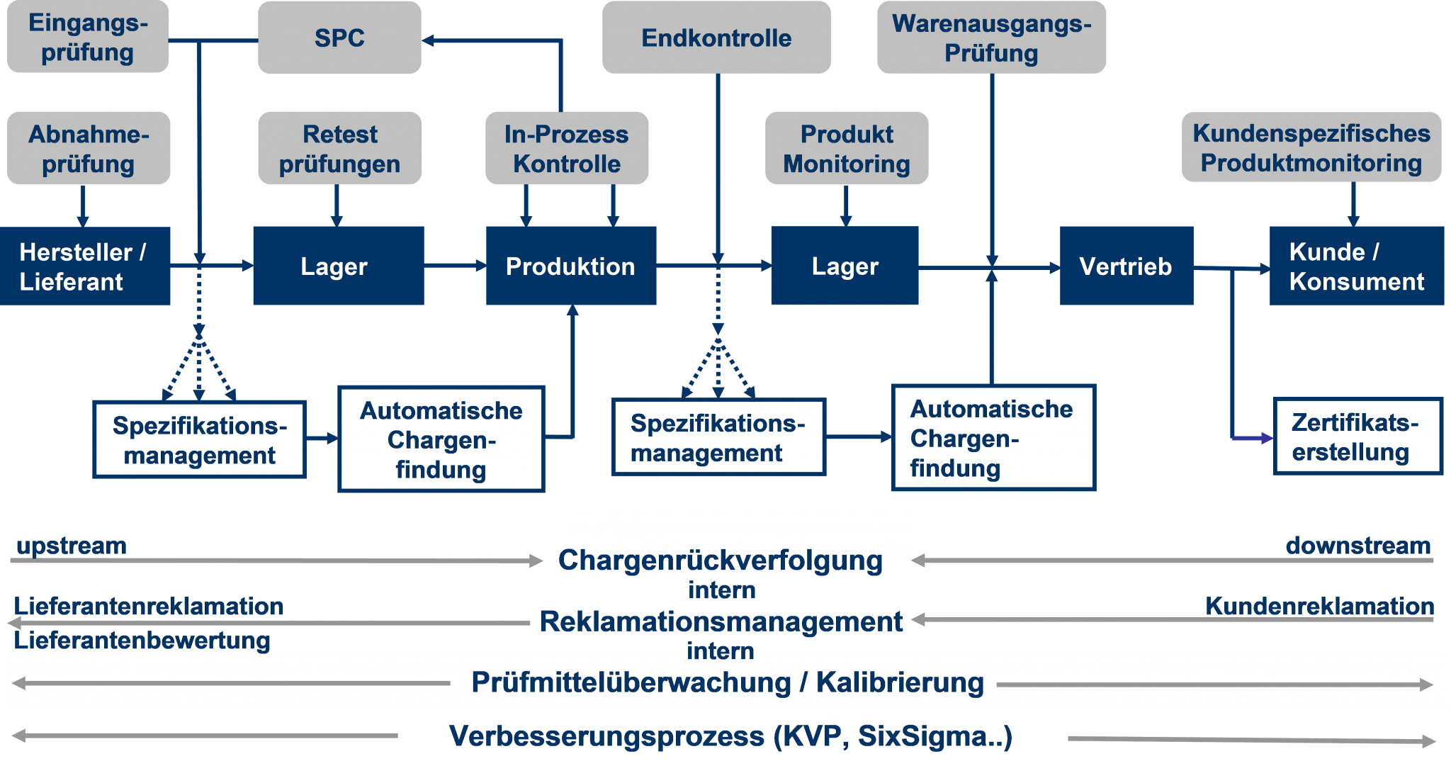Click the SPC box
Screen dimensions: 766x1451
(339, 38)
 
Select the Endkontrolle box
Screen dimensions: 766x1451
(716, 38)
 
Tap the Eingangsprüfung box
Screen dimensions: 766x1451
(88, 37)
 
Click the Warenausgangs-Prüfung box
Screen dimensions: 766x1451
(991, 38)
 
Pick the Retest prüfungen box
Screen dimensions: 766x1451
(339, 148)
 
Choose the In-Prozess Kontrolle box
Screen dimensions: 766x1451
(566, 148)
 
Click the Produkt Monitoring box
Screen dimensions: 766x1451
(846, 148)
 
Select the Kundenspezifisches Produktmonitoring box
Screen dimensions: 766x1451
(1311, 147)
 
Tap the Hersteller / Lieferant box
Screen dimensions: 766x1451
(84, 266)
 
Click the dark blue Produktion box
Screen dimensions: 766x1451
(570, 266)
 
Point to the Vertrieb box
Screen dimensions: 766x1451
(1126, 266)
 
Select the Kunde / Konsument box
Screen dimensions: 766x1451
(1356, 266)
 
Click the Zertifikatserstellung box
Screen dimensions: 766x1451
(1356, 436)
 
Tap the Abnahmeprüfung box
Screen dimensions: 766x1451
(88, 148)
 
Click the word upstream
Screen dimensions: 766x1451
(71, 546)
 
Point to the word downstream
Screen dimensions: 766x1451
(1357, 546)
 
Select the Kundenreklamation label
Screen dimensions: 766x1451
(1319, 606)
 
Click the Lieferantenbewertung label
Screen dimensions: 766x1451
(142, 641)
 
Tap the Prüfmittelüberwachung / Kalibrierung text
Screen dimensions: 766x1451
(728, 682)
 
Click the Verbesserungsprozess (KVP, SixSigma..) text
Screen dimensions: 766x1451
(730, 736)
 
